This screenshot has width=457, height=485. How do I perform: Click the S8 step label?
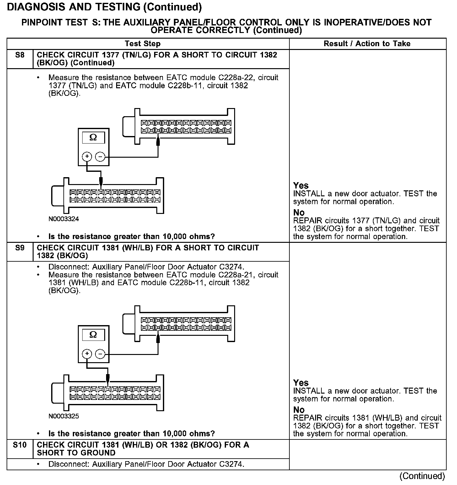pyautogui.click(x=19, y=55)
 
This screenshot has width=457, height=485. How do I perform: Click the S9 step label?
pyautogui.click(x=19, y=248)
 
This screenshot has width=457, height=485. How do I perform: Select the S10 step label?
pyautogui.click(x=19, y=445)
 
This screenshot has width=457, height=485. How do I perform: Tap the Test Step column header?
pyautogui.click(x=142, y=44)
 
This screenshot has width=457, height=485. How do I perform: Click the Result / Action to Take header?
pyautogui.click(x=367, y=44)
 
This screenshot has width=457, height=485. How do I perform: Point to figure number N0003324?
pyautogui.click(x=64, y=219)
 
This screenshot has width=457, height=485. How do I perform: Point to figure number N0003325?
pyautogui.click(x=64, y=417)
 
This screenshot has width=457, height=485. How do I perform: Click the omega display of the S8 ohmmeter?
pyautogui.click(x=93, y=138)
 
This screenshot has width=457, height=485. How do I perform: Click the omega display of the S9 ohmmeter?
pyautogui.click(x=93, y=335)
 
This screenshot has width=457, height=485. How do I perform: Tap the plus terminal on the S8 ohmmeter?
pyautogui.click(x=87, y=156)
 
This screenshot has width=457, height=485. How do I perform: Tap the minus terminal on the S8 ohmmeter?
pyautogui.click(x=100, y=156)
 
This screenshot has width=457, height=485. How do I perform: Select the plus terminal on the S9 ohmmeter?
pyautogui.click(x=87, y=354)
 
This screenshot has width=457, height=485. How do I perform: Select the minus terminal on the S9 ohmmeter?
pyautogui.click(x=100, y=354)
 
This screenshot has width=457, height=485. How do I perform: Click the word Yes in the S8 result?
pyautogui.click(x=301, y=185)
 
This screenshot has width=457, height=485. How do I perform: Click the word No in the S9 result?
pyautogui.click(x=299, y=410)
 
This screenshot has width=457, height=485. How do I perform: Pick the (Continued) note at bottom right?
pyautogui.click(x=422, y=476)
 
